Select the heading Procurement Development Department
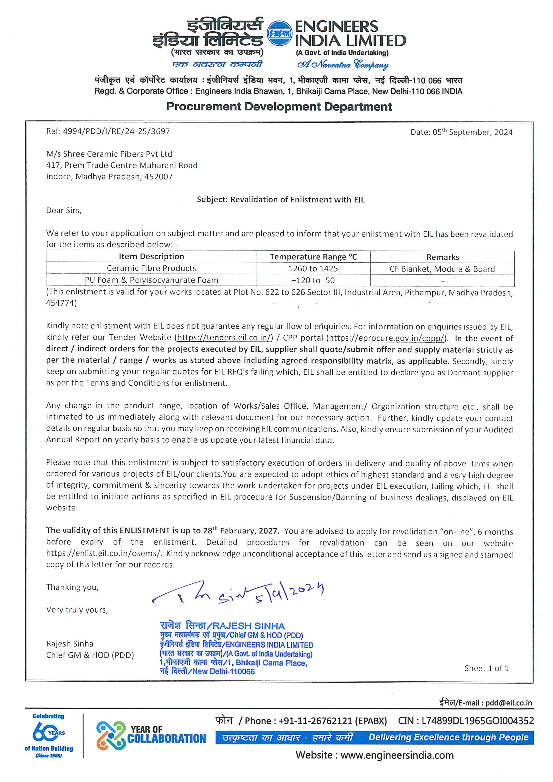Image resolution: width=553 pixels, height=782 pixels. [279, 107]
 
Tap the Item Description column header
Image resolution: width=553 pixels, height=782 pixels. [151, 256]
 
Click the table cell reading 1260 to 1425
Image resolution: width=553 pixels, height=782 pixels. [313, 268]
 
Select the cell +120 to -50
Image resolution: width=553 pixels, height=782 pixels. [313, 280]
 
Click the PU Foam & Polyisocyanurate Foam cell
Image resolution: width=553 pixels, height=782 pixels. [151, 280]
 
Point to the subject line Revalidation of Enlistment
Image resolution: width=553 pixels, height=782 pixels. [281, 200]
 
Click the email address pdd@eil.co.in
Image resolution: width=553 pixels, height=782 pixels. [508, 703]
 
